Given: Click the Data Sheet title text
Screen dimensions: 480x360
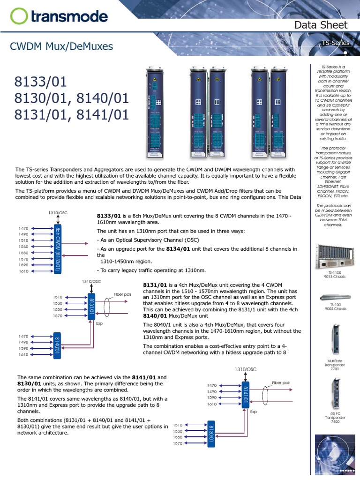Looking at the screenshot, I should point(321,25).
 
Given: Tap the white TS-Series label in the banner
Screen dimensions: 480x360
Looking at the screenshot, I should point(335,43).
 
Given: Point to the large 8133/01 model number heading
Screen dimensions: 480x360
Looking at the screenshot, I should point(41,82).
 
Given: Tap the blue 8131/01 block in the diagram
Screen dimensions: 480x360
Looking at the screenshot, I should point(92,307).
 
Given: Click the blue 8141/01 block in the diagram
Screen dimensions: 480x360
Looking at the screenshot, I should point(245,395).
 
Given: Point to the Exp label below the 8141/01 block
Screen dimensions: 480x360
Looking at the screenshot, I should point(253,412).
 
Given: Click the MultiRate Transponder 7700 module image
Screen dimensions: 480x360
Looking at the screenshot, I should point(335,340).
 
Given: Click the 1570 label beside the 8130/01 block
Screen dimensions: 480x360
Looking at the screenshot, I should point(177,443).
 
